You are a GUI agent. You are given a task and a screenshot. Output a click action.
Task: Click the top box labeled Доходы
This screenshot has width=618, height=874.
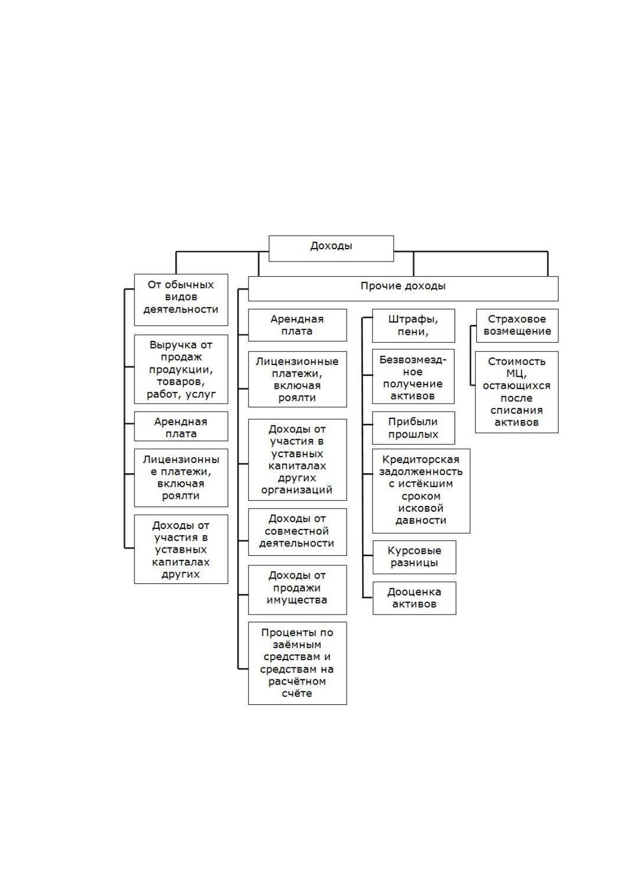331,248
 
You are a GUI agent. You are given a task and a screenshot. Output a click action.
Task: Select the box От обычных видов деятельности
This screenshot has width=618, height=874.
181,299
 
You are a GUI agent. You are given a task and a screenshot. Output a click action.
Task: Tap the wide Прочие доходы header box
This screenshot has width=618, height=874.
403,289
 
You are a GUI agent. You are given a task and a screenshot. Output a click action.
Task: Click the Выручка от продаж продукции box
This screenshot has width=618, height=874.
181,369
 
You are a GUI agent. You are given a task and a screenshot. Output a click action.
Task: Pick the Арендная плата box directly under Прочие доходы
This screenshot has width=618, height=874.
297,325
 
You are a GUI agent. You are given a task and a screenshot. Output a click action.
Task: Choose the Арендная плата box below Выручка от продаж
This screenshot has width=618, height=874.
181,426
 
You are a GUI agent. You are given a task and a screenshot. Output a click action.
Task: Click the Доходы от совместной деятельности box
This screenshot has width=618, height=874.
297,532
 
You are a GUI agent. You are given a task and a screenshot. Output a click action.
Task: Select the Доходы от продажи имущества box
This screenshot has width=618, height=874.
297,590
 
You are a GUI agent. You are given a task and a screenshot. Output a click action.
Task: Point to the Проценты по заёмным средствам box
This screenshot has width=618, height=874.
297,663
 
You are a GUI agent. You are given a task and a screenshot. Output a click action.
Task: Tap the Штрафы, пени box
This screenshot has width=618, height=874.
414,325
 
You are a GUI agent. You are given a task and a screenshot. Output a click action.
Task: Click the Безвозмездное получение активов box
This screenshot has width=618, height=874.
413,376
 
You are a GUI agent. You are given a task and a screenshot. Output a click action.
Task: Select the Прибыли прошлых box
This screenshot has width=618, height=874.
414,428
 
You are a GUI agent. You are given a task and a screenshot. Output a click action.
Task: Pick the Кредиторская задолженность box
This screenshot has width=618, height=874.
421,491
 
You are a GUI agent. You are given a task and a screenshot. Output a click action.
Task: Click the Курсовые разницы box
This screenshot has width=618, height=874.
415,557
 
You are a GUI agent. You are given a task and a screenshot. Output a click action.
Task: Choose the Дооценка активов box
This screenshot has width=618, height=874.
415,598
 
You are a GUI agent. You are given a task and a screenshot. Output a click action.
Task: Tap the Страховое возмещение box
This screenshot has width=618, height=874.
517,325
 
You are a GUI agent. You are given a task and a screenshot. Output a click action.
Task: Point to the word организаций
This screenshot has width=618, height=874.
296,489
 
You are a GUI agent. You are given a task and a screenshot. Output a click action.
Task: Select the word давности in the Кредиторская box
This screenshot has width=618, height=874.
421,521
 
